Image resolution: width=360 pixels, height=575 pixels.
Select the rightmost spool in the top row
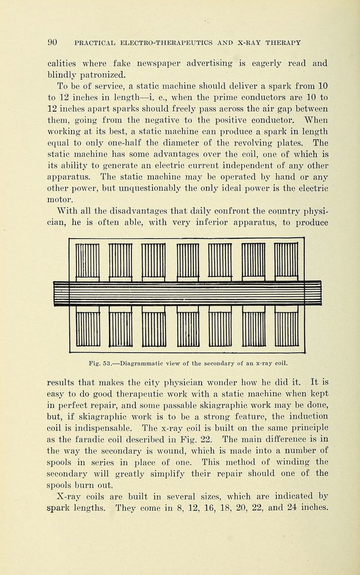pos(288,262)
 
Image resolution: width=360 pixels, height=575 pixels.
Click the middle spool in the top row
pos(188,262)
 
